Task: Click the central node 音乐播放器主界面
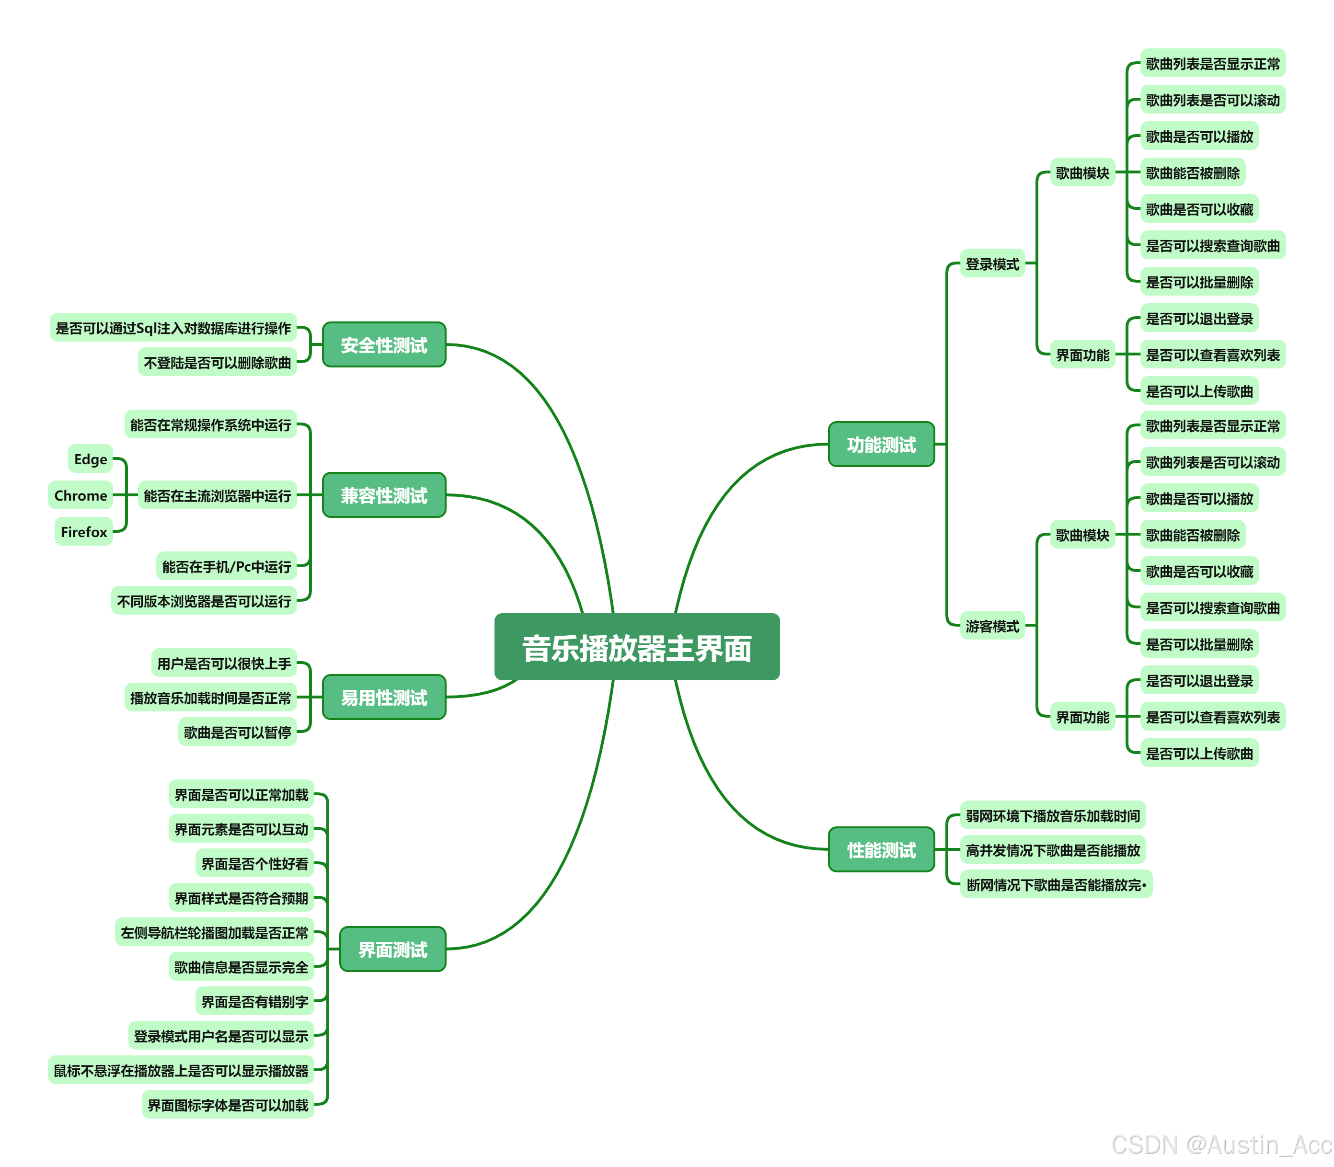tap(636, 647)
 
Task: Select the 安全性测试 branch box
tap(384, 344)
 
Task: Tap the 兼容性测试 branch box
tap(384, 495)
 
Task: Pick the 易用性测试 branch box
tap(384, 697)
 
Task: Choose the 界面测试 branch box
tap(393, 949)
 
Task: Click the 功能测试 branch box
tap(881, 444)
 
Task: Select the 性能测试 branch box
tap(881, 849)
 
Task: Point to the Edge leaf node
tap(91, 459)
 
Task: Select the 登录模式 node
tap(992, 264)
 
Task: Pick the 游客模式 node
tap(992, 626)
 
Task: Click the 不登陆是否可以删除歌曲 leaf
tap(217, 362)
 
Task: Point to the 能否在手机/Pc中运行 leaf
tap(226, 567)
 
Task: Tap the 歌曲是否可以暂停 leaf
tap(237, 732)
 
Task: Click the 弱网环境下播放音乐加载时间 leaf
tap(1053, 815)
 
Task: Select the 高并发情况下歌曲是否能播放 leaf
tap(1053, 850)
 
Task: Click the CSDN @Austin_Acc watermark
tap(1221, 1144)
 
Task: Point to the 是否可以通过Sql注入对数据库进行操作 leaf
tap(173, 328)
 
